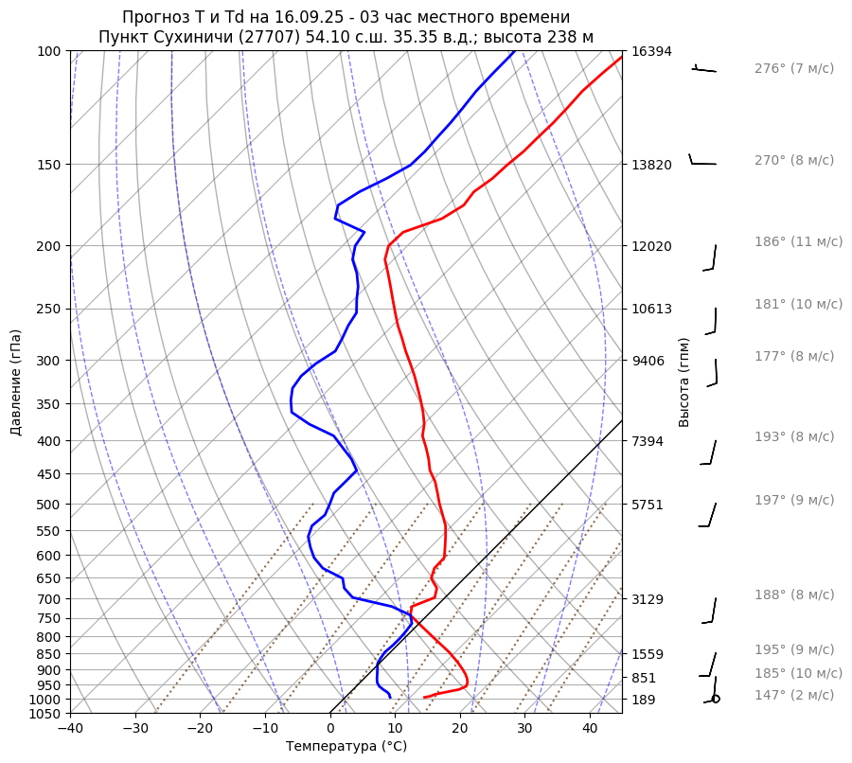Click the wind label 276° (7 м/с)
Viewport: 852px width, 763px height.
793,69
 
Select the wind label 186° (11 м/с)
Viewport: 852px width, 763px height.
798,242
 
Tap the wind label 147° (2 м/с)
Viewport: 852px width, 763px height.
793,696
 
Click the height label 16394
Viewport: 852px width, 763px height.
651,51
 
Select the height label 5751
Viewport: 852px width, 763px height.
648,505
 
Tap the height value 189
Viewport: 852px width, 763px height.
644,700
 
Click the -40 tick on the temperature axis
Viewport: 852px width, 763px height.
70,729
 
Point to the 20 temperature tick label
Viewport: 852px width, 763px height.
460,729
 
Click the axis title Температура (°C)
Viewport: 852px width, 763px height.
346,747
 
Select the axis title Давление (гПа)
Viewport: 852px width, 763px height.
16,382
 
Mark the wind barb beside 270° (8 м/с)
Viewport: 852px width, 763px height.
701,162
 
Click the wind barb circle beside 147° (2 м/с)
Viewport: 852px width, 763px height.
715,699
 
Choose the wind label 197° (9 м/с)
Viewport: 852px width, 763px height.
793,501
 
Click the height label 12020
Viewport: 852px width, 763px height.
651,246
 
